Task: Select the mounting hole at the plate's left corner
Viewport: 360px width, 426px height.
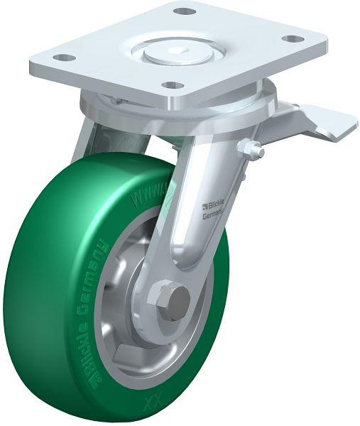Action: tap(63, 58)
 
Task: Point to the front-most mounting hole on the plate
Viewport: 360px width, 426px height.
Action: tap(171, 85)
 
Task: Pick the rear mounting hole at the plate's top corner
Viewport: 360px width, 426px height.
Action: tap(184, 11)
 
